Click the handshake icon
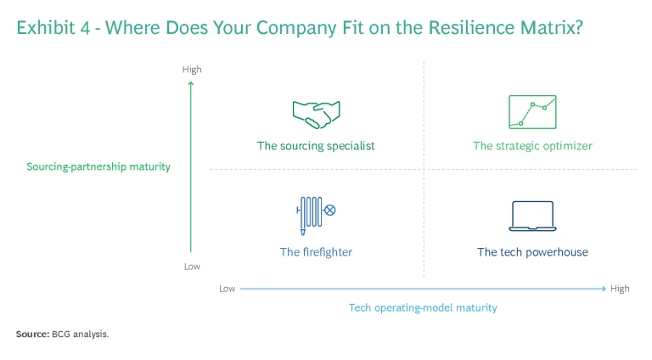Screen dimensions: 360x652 [316, 111]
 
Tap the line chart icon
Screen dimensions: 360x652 [532, 111]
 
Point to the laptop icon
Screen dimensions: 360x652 [532, 217]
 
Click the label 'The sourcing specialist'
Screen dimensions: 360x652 [316, 146]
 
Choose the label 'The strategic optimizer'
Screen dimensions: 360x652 [532, 146]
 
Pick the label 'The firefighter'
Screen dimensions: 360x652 [316, 252]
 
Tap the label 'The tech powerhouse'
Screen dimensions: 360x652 [532, 252]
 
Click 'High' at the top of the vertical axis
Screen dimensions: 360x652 [192, 69]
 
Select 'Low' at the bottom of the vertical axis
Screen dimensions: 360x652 [192, 267]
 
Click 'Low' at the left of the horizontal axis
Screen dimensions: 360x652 [227, 289]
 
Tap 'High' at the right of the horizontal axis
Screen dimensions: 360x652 [620, 289]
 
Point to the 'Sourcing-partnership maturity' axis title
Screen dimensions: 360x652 [98, 166]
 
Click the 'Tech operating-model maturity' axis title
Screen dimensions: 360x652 [423, 307]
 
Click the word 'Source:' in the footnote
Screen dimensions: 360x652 [32, 335]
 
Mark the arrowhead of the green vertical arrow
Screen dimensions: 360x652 [191, 83]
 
